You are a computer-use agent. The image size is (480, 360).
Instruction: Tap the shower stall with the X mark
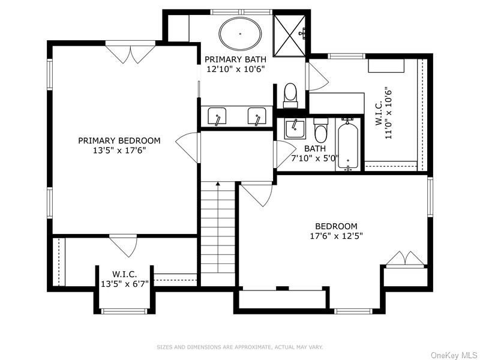(x=290, y=34)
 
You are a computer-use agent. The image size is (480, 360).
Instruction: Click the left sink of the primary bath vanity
(x=217, y=116)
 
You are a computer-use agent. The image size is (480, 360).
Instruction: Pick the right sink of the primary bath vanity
(x=257, y=116)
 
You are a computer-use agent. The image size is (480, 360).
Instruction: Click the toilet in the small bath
(x=321, y=128)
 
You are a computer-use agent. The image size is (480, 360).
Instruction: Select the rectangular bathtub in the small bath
(x=348, y=143)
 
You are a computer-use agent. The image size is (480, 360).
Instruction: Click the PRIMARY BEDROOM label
(x=119, y=141)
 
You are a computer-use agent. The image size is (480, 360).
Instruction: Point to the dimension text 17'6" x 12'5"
(x=332, y=236)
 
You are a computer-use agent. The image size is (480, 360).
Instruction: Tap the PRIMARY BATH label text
(x=231, y=59)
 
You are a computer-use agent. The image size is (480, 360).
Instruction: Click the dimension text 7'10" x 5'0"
(x=315, y=159)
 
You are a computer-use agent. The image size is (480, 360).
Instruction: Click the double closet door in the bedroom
(x=406, y=259)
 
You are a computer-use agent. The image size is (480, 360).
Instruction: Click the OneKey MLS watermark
(x=454, y=355)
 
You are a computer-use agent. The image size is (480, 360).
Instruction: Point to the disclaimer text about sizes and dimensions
(x=240, y=347)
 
